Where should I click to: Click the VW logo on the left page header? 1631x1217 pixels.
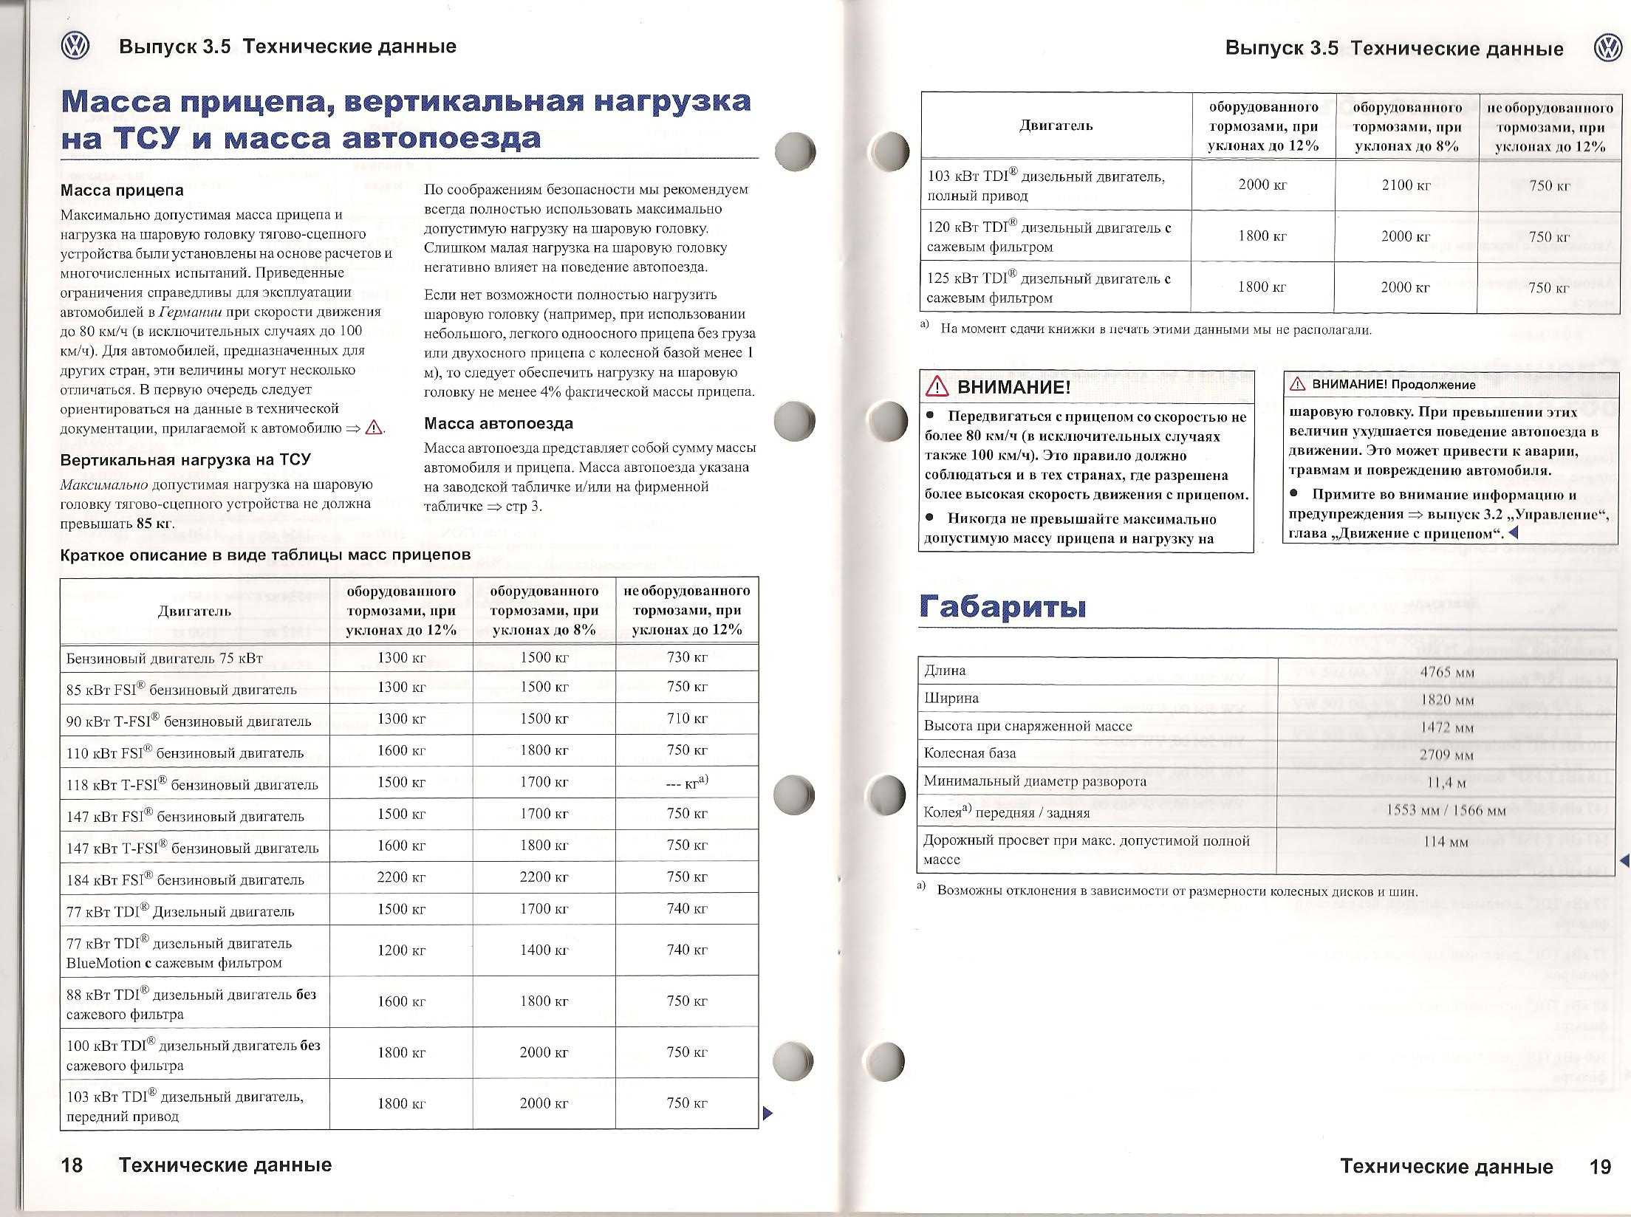[75, 47]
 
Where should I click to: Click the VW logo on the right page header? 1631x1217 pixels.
[1607, 49]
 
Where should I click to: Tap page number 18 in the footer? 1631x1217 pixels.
[72, 1165]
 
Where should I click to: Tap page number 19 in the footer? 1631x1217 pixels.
[1600, 1167]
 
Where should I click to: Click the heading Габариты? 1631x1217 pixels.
[1002, 607]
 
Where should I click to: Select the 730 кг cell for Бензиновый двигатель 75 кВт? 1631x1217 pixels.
[687, 657]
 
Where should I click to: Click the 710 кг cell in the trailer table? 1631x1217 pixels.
[687, 719]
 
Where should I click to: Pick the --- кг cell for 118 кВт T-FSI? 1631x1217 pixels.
[687, 782]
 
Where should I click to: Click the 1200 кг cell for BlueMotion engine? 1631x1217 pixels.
[401, 950]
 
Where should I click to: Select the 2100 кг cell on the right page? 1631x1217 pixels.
[1406, 185]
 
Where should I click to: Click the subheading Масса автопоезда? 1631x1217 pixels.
[498, 424]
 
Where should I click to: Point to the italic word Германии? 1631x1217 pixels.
[191, 312]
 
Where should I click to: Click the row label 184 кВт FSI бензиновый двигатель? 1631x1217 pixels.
[185, 880]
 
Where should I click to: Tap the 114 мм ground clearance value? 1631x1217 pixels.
[1446, 842]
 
